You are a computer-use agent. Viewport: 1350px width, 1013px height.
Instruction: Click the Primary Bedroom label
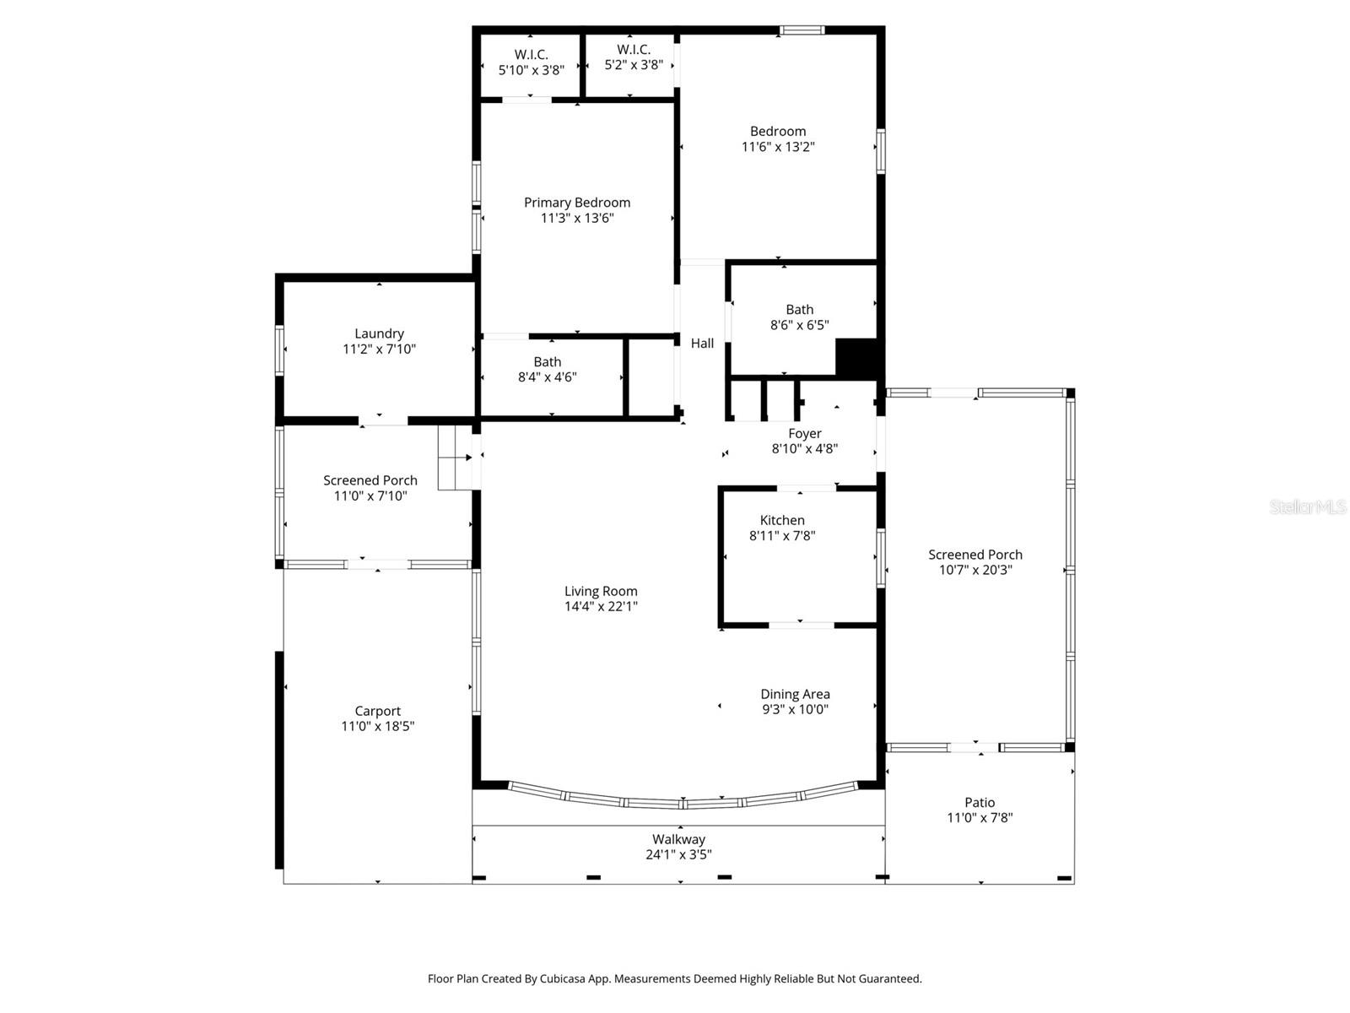[x=577, y=203]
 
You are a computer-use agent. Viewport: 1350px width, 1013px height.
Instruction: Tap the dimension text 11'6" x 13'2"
[x=778, y=147]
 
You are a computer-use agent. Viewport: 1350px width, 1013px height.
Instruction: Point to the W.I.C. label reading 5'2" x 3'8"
[x=634, y=57]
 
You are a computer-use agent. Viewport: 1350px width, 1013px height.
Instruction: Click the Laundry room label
[x=379, y=333]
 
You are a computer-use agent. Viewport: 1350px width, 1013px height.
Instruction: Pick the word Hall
[x=702, y=344]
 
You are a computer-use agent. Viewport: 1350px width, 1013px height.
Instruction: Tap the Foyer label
[x=805, y=434]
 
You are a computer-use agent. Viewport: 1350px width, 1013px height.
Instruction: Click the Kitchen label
[x=782, y=520]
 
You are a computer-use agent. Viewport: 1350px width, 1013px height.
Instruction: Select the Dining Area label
[x=795, y=694]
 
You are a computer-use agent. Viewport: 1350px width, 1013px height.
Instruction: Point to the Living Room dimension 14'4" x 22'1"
[x=601, y=606]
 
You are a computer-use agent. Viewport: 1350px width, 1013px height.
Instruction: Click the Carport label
[x=377, y=711]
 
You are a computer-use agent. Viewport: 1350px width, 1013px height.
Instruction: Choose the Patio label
[x=980, y=803]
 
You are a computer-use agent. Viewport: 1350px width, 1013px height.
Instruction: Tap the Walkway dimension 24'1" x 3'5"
[x=678, y=854]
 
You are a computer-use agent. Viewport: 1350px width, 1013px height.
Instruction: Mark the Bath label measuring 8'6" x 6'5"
[x=800, y=310]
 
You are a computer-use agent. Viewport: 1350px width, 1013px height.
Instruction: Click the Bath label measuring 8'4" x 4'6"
[x=547, y=362]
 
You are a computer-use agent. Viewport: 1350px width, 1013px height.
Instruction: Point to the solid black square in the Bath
[x=857, y=358]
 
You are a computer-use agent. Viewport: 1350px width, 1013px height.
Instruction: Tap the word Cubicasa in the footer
[x=560, y=979]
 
